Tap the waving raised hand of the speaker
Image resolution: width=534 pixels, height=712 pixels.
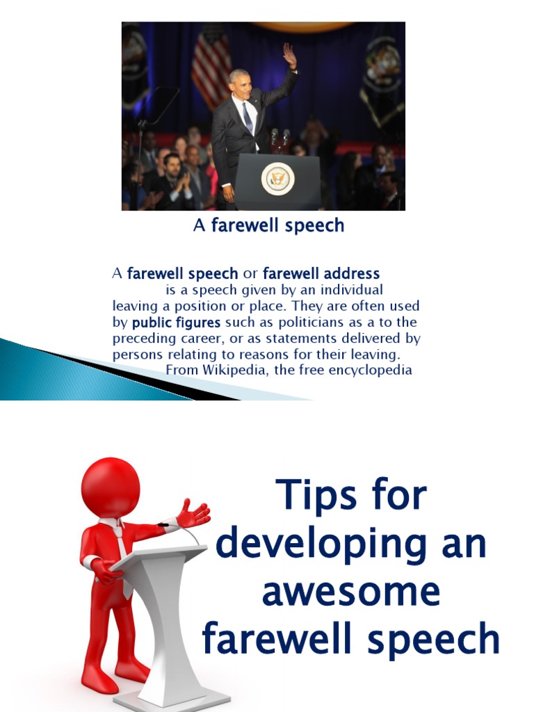(x=289, y=55)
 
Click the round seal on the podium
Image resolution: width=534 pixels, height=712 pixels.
(x=277, y=179)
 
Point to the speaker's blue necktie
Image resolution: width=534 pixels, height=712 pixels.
(x=248, y=118)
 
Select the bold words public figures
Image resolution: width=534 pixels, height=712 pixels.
(x=176, y=323)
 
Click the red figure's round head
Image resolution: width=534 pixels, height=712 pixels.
(x=111, y=487)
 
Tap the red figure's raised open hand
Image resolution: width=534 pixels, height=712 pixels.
(x=193, y=515)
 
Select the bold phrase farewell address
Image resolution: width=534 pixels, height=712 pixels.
(x=321, y=273)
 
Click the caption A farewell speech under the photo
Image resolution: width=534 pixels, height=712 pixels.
(x=268, y=225)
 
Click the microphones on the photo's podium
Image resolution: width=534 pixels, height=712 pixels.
(x=279, y=136)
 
